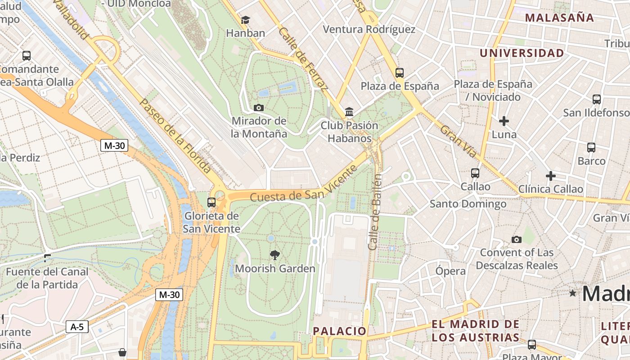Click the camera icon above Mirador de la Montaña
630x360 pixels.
[x=258, y=108]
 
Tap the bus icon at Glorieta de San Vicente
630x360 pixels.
[x=211, y=202]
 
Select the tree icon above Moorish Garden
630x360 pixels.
[x=274, y=255]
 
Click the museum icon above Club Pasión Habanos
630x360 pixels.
[x=349, y=112]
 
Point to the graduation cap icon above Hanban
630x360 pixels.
[x=245, y=20]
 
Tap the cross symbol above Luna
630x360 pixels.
[x=504, y=121]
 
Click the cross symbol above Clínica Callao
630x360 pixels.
[x=550, y=176]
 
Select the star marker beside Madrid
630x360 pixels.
[x=572, y=293]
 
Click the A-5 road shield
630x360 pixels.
[x=77, y=327]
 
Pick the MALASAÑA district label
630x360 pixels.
[x=559, y=18]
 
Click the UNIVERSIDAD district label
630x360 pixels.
[x=522, y=53]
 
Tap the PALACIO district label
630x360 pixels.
[x=340, y=331]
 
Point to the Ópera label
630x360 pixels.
[x=450, y=271]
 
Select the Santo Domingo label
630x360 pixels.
[x=468, y=204]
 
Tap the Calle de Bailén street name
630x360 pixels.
[x=375, y=211]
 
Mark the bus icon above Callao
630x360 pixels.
[x=475, y=173]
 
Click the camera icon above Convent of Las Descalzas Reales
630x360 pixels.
[x=516, y=239]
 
